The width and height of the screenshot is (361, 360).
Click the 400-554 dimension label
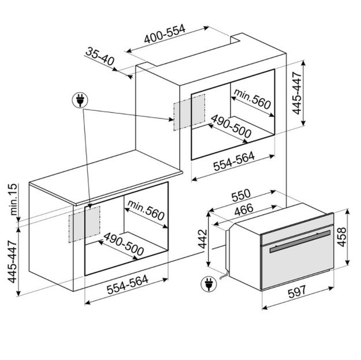click(x=165, y=34)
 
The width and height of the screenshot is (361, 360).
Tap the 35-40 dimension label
click(x=100, y=56)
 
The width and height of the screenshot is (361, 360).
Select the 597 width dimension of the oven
click(x=297, y=292)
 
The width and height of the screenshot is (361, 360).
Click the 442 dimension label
click(x=203, y=239)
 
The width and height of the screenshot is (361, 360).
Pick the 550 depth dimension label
click(x=241, y=195)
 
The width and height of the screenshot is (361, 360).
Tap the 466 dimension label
click(x=244, y=209)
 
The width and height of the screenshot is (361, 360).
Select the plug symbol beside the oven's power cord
click(x=208, y=284)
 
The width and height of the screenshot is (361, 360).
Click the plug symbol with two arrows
click(x=80, y=100)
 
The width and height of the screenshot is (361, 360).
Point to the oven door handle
click(x=300, y=242)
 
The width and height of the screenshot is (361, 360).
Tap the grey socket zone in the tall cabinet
click(x=189, y=112)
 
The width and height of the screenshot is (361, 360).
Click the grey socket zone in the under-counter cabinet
click(x=84, y=224)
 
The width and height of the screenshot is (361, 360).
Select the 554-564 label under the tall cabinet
click(x=234, y=162)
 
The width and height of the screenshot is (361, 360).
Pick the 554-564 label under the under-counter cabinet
click(x=127, y=285)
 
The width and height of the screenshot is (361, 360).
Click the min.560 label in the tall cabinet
click(x=252, y=99)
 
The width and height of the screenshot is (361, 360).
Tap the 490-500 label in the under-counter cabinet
click(x=124, y=244)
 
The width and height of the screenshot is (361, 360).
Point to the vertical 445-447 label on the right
click(x=297, y=93)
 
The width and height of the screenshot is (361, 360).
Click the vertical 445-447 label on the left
click(x=13, y=261)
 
